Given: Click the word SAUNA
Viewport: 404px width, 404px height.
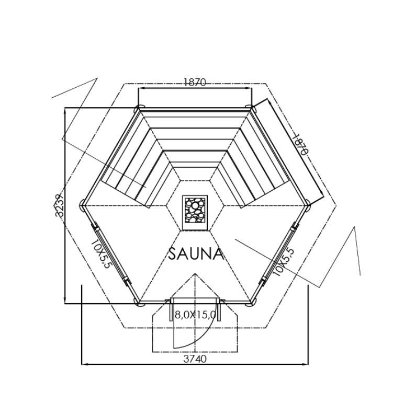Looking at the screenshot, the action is coord(196,254).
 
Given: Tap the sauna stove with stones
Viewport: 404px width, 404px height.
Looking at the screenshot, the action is coord(195,212).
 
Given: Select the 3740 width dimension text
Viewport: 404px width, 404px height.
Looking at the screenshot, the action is coord(195,359).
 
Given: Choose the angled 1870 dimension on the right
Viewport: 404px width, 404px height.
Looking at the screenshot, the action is coord(299,144).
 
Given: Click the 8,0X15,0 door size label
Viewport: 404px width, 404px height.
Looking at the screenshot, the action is coord(195,315).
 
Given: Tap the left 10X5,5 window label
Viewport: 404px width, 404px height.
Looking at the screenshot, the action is coord(100,255).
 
